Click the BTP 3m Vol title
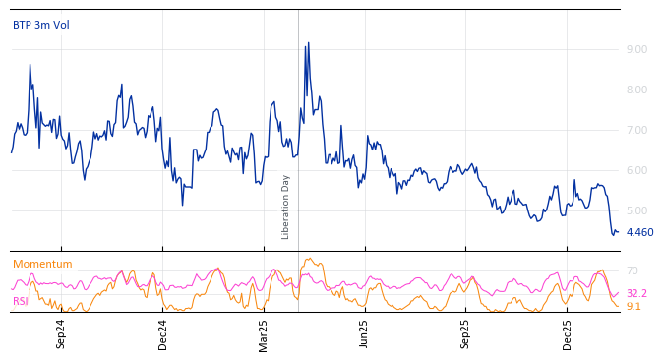pyautogui.click(x=41, y=26)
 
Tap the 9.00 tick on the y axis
pyautogui.click(x=636, y=49)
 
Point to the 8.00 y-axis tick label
pyautogui.click(x=636, y=90)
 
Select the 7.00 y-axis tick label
pyautogui.click(x=636, y=130)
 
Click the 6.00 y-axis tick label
pyautogui.click(x=636, y=170)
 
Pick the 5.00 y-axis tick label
pyautogui.click(x=636, y=210)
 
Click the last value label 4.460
pyautogui.click(x=639, y=233)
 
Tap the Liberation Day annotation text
pyautogui.click(x=286, y=207)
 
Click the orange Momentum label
pyautogui.click(x=42, y=265)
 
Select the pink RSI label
pyautogui.click(x=21, y=301)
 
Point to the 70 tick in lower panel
pyautogui.click(x=633, y=270)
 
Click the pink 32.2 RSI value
pyautogui.click(x=636, y=293)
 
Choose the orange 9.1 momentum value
pyautogui.click(x=633, y=307)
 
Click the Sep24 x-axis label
pyautogui.click(x=61, y=333)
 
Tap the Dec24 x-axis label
pyautogui.click(x=163, y=333)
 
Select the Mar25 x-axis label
pyautogui.click(x=264, y=333)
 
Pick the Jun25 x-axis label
pyautogui.click(x=365, y=333)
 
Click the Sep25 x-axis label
pyautogui.click(x=466, y=333)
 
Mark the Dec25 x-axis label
pyautogui.click(x=568, y=333)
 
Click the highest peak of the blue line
pyautogui.click(x=308, y=43)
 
